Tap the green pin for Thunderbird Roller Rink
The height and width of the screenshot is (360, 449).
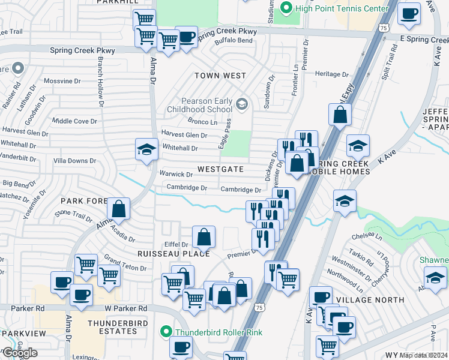coord(167,331)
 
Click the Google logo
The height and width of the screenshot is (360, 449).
coord(20,353)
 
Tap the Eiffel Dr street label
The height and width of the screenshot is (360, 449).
coord(176,244)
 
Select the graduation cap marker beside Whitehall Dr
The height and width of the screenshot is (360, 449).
coord(146,150)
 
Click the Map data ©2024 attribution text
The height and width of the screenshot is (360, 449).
coord(423,355)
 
